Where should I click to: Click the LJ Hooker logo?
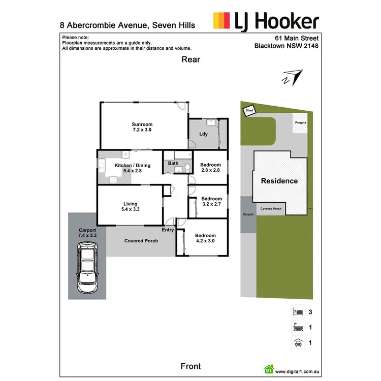point(266,21)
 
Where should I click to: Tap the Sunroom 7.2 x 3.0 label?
point(142,127)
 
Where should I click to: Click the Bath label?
point(173,164)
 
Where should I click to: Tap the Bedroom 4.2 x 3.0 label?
point(205,238)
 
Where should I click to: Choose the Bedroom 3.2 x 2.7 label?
point(210,201)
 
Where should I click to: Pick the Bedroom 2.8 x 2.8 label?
point(210,168)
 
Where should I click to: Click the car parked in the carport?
point(87,267)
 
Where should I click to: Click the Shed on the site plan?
point(249,110)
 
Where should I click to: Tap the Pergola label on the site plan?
point(300,123)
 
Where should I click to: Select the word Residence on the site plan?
point(279,181)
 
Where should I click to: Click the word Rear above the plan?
point(191,59)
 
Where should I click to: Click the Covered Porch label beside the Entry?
point(141,240)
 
